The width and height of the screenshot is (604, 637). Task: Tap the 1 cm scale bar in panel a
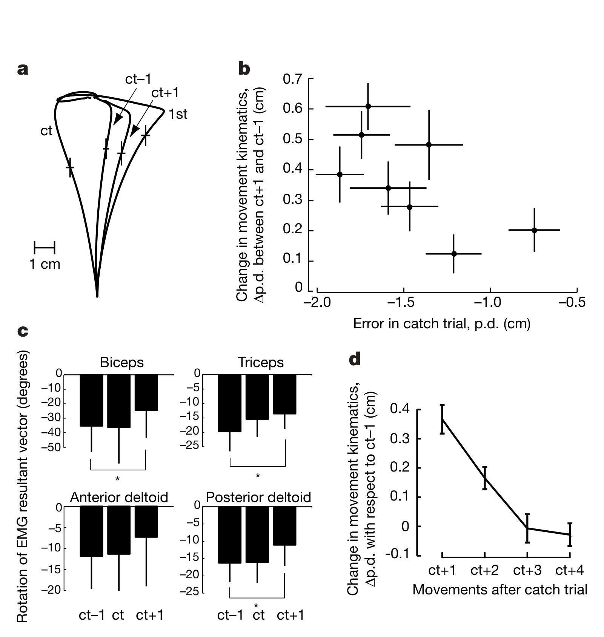[x=45, y=248]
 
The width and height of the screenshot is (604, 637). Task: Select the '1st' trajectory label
[x=178, y=114]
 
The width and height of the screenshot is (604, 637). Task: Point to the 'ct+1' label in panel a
[x=165, y=93]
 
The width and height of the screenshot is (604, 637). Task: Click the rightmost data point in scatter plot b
[x=534, y=230]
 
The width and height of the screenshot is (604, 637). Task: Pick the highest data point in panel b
[x=368, y=106]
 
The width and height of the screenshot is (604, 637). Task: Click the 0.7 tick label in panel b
[x=293, y=79]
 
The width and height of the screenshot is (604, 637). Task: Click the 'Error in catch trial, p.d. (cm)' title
[x=442, y=323]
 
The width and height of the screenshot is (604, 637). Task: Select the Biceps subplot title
[x=121, y=362]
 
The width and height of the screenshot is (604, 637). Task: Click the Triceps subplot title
[x=261, y=362]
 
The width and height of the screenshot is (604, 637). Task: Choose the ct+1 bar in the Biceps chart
[x=146, y=392]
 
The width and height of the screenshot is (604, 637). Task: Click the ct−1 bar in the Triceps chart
[x=230, y=403]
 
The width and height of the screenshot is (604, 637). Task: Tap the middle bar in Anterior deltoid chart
[x=119, y=530]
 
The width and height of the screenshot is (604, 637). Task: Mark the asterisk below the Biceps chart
[x=118, y=479]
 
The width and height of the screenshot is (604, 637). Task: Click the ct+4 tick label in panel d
[x=570, y=570]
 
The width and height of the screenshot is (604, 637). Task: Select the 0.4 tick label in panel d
[x=400, y=409]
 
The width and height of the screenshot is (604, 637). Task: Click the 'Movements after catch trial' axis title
[x=500, y=590]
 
